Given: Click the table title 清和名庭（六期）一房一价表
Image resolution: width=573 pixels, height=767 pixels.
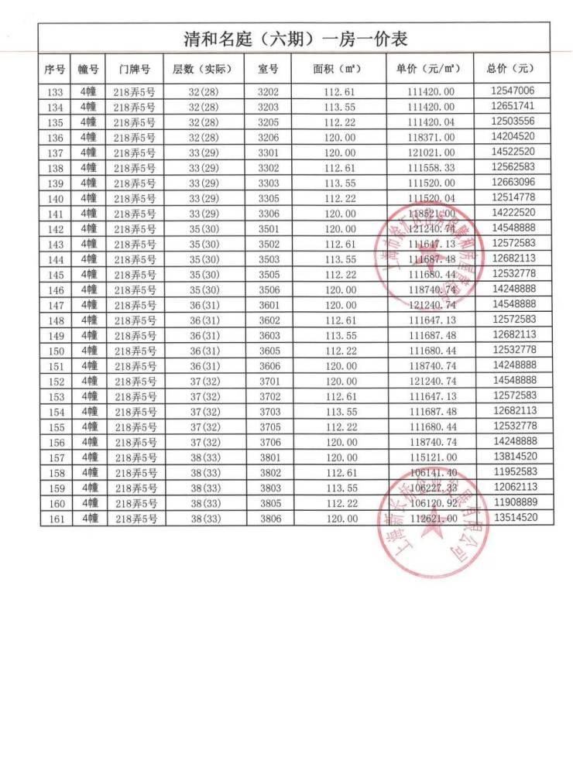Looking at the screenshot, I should click(x=295, y=39).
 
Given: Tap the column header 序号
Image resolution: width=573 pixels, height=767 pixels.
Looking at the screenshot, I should click(x=54, y=69).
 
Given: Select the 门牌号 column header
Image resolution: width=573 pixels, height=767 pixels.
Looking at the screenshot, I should click(x=135, y=69).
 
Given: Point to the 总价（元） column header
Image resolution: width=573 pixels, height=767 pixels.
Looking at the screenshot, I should click(x=510, y=68).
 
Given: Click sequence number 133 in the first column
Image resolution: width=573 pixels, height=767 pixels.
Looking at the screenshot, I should click(x=54, y=92).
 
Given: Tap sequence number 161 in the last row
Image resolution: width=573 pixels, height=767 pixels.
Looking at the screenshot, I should click(x=54, y=519).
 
